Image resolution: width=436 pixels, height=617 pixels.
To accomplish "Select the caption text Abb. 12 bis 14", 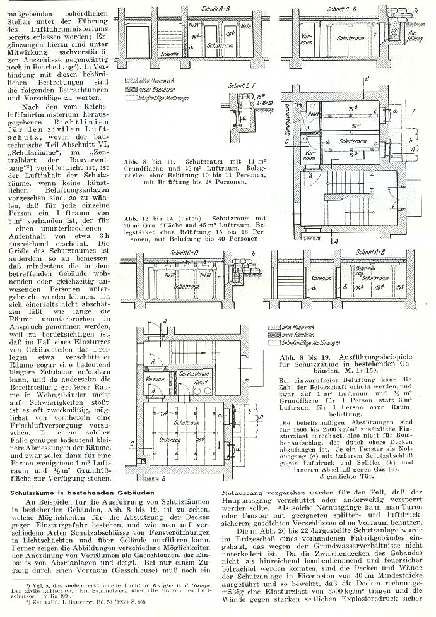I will (146, 217).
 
